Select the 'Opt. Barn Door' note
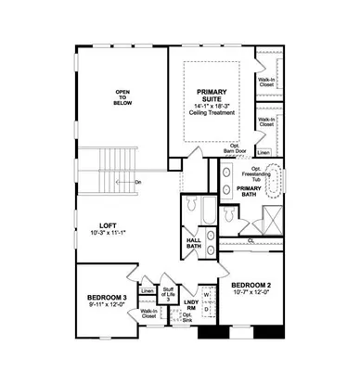tap(225, 148)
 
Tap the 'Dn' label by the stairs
tap(137, 182)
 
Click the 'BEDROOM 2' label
tap(250, 284)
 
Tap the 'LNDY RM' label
tap(191, 307)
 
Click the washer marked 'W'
tap(205, 294)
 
